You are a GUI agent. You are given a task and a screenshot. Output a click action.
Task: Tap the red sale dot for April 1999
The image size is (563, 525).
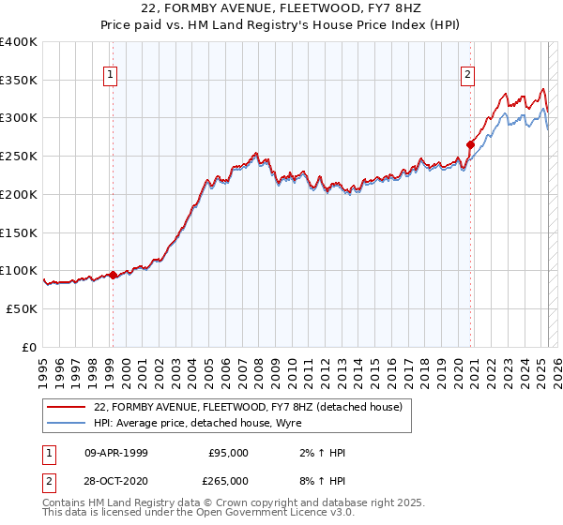click(x=113, y=275)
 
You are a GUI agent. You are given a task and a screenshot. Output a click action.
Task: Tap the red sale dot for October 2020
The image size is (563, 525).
click(x=470, y=144)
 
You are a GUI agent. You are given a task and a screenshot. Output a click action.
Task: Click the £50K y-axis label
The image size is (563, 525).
click(x=23, y=308)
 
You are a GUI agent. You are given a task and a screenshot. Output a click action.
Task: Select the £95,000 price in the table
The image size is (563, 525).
click(x=228, y=453)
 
